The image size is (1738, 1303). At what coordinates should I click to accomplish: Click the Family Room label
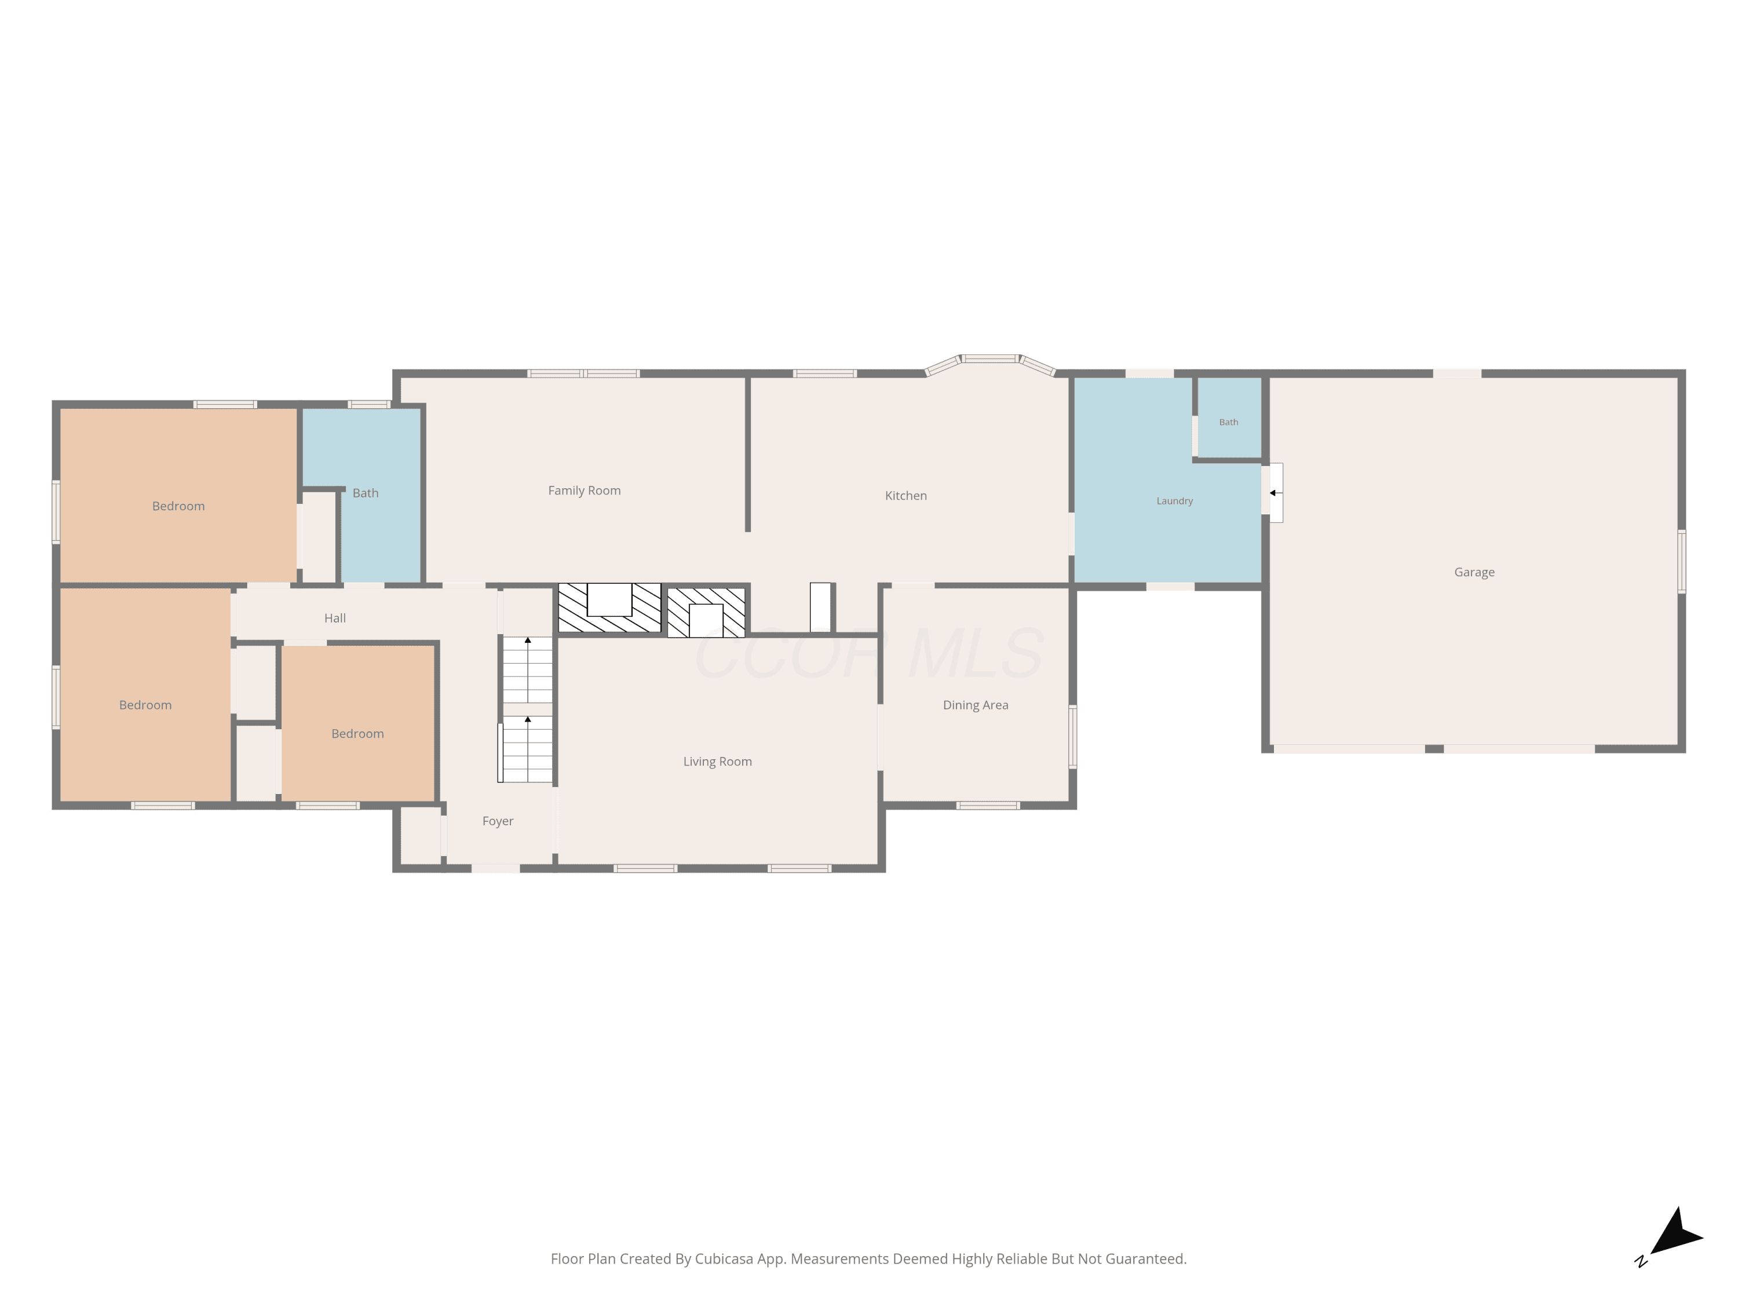tap(584, 491)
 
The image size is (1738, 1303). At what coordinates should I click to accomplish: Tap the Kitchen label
tap(906, 496)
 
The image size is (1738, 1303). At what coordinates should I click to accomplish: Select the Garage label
tap(1474, 573)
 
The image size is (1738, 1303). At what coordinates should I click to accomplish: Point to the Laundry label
tap(1175, 501)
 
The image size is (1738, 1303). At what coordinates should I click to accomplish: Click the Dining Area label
tap(975, 705)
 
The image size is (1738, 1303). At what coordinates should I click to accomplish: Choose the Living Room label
tap(717, 762)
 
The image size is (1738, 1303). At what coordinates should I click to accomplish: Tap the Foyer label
tap(497, 822)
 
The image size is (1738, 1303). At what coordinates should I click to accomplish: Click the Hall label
tap(335, 618)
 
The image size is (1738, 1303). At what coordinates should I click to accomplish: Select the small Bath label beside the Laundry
tap(1228, 423)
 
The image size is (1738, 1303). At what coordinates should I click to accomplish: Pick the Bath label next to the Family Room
tap(366, 493)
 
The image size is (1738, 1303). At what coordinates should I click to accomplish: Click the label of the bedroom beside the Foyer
tap(357, 734)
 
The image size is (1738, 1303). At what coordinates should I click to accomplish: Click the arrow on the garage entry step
tap(1273, 493)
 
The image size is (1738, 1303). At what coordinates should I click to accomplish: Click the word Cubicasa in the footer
tap(724, 1259)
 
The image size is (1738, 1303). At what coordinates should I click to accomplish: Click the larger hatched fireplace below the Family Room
tap(609, 608)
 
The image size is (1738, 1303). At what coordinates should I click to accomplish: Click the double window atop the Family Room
tap(583, 374)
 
